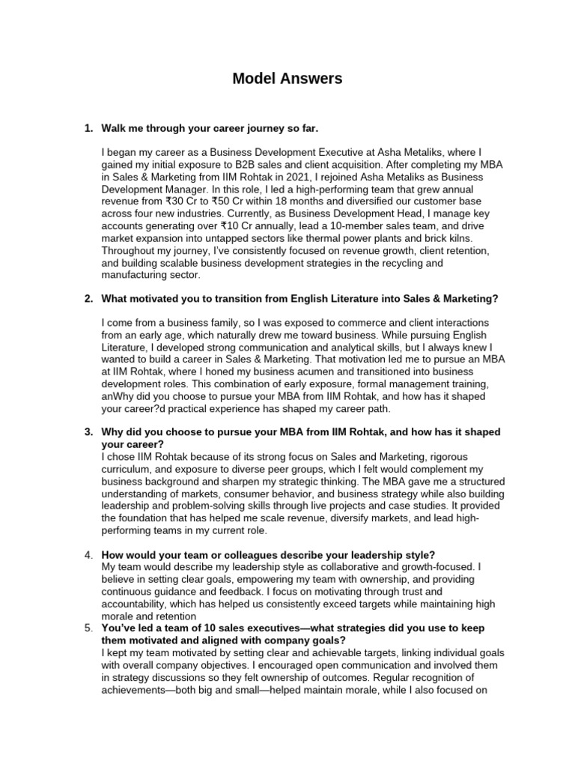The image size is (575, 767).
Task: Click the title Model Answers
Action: (x=287, y=78)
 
